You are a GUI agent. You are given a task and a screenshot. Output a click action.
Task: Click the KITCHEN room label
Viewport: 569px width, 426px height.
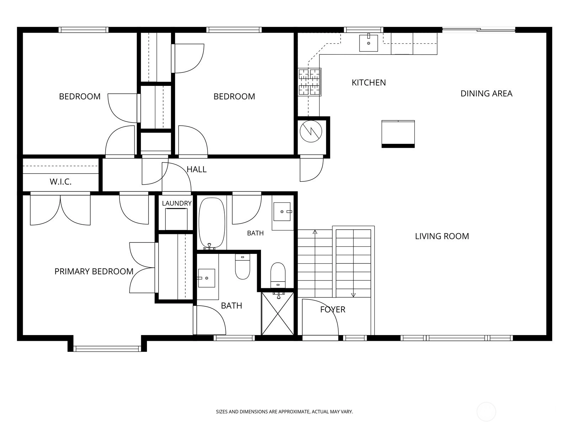coord(369,82)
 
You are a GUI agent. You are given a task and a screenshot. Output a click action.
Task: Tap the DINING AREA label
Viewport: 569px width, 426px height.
coord(486,93)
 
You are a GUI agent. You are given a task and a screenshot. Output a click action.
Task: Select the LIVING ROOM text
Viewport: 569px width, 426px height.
coord(442,236)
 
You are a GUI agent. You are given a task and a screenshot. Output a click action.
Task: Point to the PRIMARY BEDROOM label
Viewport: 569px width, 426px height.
coord(94,271)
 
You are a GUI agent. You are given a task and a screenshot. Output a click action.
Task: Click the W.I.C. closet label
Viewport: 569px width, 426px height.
coord(61,182)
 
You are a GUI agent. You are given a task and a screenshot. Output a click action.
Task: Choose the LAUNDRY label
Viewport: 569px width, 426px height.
coord(177,203)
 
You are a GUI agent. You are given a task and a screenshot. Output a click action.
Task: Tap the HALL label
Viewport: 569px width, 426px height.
coord(197,169)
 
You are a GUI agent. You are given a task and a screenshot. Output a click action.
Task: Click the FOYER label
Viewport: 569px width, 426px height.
coord(333,309)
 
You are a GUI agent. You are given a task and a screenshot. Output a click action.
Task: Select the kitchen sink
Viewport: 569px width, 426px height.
coord(368,43)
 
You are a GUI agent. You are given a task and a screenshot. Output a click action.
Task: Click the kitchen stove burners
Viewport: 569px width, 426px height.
coord(309,82)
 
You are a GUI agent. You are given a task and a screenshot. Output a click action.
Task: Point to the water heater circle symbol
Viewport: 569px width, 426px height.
coord(311,131)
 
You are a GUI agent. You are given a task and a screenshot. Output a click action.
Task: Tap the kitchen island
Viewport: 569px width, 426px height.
coord(398,134)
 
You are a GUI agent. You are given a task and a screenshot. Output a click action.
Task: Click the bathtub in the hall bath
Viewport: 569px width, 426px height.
coord(212,223)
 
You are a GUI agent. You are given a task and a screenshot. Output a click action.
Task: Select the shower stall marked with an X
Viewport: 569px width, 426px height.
coord(278,313)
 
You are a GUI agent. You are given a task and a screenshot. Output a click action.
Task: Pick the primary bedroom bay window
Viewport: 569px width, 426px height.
coord(107,349)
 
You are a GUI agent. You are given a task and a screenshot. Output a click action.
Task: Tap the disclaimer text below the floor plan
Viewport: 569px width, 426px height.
coord(284,411)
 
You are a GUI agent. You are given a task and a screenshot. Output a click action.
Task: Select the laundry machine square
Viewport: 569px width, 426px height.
coord(176,219)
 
